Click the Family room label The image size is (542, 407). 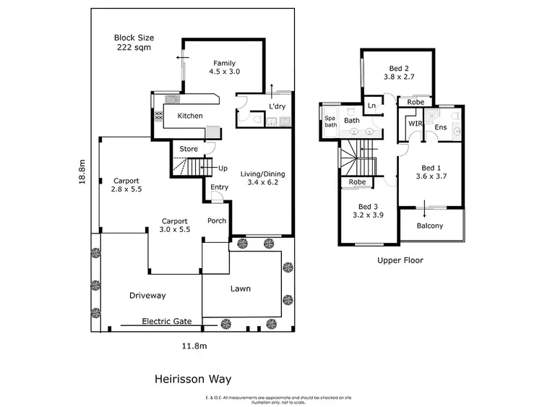coord(223,67)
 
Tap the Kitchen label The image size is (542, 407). coord(190,116)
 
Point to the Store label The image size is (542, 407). coord(189,149)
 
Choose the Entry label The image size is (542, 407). coord(219,188)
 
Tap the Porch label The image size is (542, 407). coord(217,220)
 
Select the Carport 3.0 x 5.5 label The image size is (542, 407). coord(175,226)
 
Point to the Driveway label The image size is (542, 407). coord(147,296)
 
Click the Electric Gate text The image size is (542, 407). coord(167,321)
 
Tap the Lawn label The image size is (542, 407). coord(241,288)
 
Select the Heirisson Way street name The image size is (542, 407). coord(192,378)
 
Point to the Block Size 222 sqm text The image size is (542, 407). coord(134,43)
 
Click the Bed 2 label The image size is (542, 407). coord(398,71)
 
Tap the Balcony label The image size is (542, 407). coord(430,226)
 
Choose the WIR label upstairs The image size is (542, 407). coord(415,124)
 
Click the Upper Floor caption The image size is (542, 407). coord(400,260)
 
